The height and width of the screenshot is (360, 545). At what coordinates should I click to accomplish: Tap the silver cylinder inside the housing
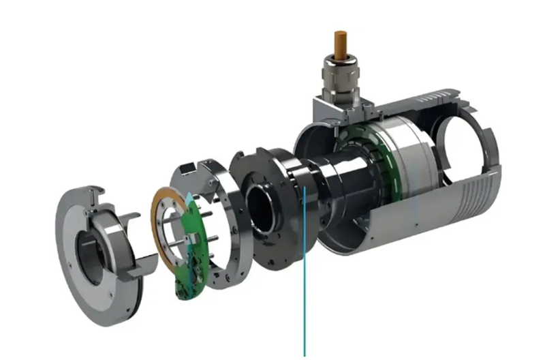(x=409, y=157)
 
